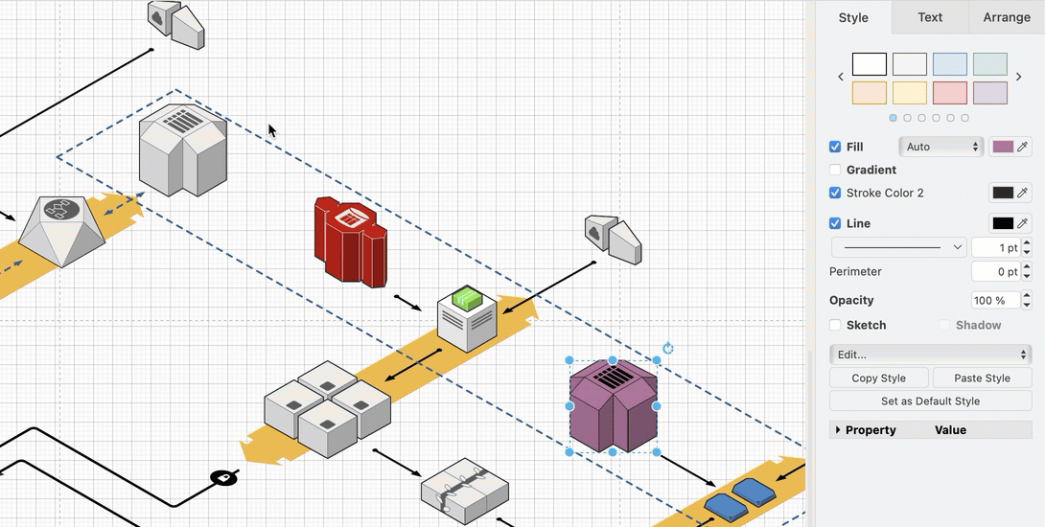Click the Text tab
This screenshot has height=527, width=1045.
point(929,17)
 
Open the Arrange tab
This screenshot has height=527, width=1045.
point(1006,17)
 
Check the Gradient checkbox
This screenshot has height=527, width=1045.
point(835,170)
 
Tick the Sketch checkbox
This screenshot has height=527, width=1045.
point(835,325)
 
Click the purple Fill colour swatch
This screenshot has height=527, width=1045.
point(1003,147)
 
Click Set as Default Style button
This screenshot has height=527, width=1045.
point(930,401)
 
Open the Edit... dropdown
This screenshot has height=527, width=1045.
point(930,355)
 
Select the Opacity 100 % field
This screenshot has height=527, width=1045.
point(994,300)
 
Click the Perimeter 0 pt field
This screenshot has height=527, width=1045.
point(994,272)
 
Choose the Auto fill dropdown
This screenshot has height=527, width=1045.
point(942,147)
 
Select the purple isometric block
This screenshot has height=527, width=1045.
point(614,407)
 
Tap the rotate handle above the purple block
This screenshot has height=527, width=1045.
point(668,349)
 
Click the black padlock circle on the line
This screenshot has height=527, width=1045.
point(223,477)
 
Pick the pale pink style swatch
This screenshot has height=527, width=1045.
point(949,93)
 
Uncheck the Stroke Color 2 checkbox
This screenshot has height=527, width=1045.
point(835,193)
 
